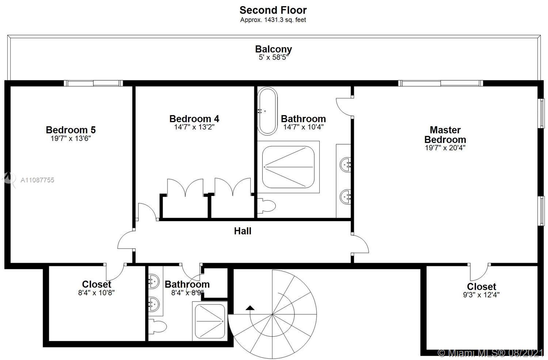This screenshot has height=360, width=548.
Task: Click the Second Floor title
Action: point(273,10)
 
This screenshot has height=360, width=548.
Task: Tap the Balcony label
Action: point(274,49)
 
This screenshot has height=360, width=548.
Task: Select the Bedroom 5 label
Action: point(71,130)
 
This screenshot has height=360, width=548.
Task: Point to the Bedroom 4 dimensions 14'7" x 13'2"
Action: point(194,127)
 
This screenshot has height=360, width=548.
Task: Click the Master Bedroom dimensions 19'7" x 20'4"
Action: point(445,148)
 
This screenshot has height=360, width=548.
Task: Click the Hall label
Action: point(243,231)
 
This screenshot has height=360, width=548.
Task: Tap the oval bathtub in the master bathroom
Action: point(267,111)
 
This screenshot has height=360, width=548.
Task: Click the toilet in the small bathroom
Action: point(157,326)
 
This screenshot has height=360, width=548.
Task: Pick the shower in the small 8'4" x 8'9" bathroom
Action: point(210,321)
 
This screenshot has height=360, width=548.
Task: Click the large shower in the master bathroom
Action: point(288,167)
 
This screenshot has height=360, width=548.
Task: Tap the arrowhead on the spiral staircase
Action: point(250,308)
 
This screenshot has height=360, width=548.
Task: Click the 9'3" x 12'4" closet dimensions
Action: point(481,295)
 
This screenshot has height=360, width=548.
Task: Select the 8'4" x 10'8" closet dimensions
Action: point(96,293)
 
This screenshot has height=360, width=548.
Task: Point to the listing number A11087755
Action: point(37,180)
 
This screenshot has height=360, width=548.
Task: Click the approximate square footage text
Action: point(273,20)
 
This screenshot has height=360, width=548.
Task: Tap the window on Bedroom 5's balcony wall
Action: point(93,83)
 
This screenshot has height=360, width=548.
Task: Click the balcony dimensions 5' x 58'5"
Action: point(274,57)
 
